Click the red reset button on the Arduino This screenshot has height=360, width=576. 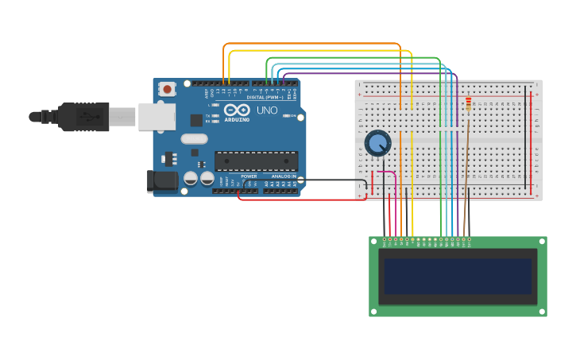click(x=167, y=90)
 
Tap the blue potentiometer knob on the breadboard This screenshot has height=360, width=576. click(x=378, y=144)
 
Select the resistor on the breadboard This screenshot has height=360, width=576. click(x=468, y=103)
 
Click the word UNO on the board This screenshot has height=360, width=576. click(x=268, y=110)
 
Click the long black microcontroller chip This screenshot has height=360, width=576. click(x=256, y=161)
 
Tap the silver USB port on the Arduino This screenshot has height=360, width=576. click(x=157, y=116)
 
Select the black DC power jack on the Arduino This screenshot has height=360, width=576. click(x=163, y=182)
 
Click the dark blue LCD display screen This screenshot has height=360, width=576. click(x=458, y=276)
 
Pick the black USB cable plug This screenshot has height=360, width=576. click(x=83, y=117)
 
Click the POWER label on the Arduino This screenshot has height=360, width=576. click(x=249, y=176)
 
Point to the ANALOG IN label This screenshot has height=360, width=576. click(x=284, y=176)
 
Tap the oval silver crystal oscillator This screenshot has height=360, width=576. click(x=194, y=139)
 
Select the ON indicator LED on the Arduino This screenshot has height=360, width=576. click(x=285, y=116)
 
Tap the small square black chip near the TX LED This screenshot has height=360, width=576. click(x=196, y=120)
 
